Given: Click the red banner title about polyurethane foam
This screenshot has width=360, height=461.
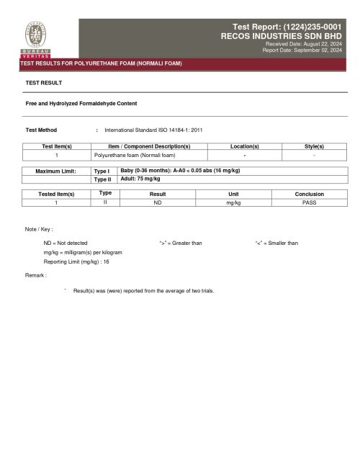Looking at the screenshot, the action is click(x=101, y=63).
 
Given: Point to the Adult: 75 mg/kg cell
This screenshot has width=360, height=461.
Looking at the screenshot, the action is click(x=140, y=178).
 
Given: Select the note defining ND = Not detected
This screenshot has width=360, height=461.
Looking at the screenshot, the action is click(x=66, y=243).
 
